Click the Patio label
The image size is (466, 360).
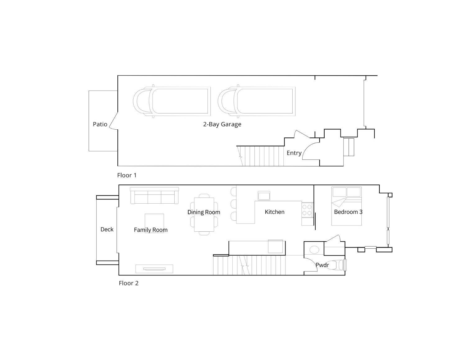point(100,124)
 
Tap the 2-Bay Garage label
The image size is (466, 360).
point(222,124)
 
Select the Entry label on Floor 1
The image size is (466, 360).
point(294,153)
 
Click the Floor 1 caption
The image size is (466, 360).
point(127,175)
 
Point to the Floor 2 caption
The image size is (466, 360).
point(129,283)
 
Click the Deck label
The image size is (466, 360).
point(107,229)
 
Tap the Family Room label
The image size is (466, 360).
point(151,230)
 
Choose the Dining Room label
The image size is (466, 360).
point(204,212)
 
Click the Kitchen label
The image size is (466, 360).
point(275,212)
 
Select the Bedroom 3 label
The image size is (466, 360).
point(348,212)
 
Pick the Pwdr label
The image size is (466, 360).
point(322,265)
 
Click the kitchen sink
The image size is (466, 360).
point(264,196)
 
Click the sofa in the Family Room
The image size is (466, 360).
point(154,196)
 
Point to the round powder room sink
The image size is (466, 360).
point(314,250)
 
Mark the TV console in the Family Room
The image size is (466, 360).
point(154,269)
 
